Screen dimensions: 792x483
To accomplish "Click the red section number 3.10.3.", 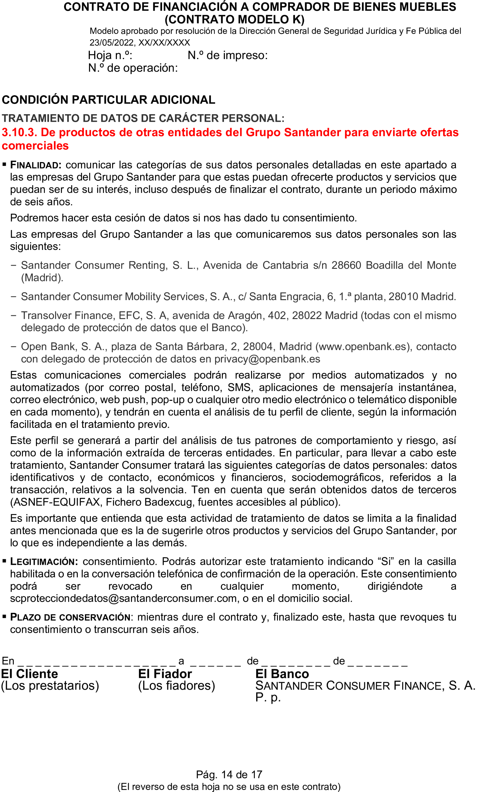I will (x=19, y=132).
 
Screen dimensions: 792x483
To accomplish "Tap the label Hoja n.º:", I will (x=110, y=55).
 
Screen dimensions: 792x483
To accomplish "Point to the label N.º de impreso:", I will (x=228, y=55).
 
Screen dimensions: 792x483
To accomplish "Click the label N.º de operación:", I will (x=133, y=68).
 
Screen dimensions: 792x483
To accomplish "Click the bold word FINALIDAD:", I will (x=36, y=165).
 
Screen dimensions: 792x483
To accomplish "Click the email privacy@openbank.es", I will (x=267, y=359).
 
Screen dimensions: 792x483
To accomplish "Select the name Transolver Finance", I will (x=67, y=316).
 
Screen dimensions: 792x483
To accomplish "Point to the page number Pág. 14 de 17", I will (x=229, y=775).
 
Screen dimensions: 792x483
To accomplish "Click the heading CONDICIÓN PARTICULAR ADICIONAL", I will (x=108, y=100).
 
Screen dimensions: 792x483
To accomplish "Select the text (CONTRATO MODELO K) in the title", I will (x=234, y=20).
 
